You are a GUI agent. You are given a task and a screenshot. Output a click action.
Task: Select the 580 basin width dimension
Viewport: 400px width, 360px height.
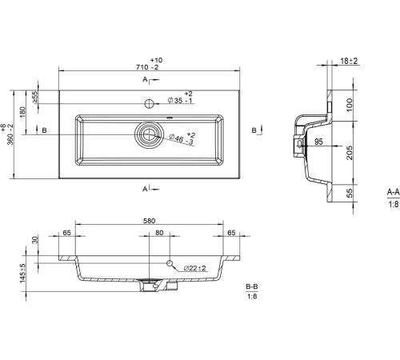coord(150,221)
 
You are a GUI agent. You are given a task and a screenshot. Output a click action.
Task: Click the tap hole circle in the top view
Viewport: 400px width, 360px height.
coord(150,103)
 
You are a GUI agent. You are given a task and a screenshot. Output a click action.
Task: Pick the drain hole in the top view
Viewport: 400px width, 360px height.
coord(147,134)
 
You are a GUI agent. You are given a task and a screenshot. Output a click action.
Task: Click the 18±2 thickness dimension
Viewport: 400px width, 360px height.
coord(349,61)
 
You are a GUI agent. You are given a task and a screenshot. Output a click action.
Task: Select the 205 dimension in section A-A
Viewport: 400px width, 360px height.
coord(350,153)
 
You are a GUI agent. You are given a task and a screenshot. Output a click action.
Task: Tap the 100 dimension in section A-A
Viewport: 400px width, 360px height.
coord(350,105)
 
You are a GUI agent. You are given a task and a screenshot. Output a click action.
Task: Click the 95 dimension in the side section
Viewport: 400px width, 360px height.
coord(318,142)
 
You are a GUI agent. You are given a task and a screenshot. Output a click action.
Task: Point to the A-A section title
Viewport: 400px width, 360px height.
coord(394,191)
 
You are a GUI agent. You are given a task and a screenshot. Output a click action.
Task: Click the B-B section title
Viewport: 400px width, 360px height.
coord(252,286)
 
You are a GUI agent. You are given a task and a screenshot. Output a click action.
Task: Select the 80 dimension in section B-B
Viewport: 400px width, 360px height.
coord(159,233)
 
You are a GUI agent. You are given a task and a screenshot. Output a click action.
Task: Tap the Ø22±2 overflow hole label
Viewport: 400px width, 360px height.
coord(195,268)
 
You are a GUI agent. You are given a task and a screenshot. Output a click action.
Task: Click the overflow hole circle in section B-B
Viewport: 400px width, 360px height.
coord(170,263)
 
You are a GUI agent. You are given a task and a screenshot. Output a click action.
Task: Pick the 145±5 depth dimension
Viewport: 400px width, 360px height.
coord(22,274)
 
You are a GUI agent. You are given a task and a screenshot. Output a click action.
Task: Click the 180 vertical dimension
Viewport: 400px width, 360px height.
coord(22,112)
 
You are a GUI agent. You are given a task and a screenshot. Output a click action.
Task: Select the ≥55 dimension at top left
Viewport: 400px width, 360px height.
coord(35,97)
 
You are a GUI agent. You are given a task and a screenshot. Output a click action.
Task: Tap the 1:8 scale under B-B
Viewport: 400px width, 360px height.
coord(252,296)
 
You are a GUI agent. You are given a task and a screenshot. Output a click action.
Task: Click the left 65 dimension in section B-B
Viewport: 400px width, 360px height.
coord(66,233)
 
